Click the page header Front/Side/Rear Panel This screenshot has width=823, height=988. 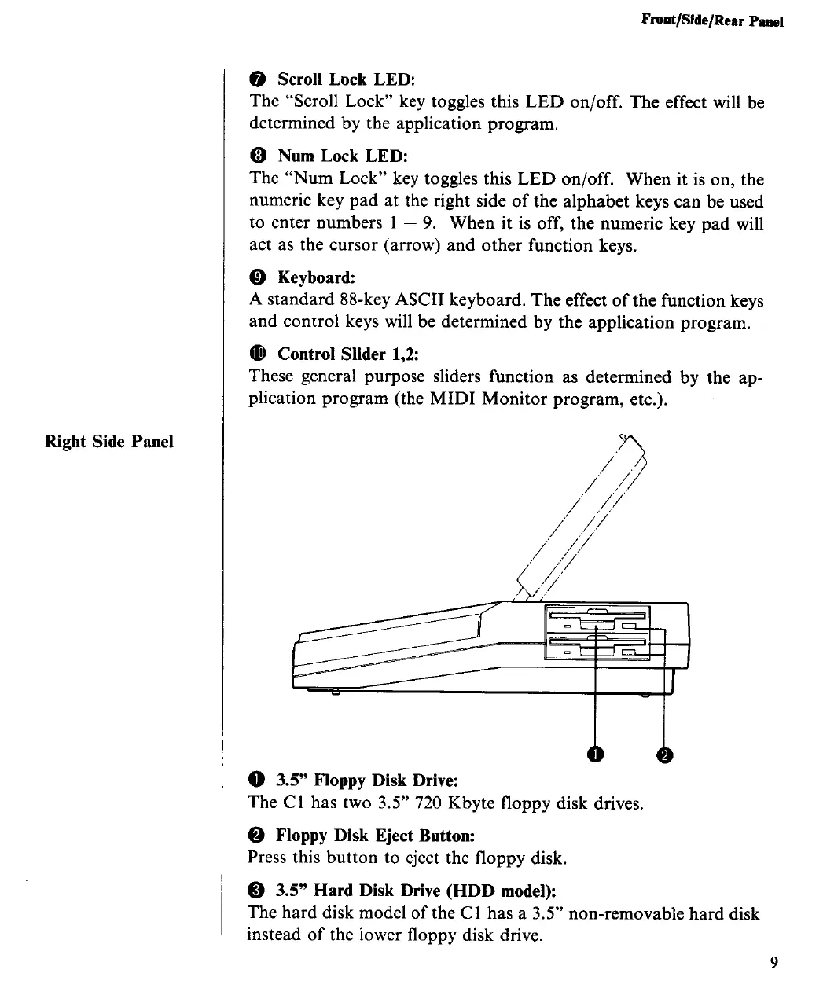point(712,22)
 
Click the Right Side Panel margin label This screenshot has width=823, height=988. point(109,440)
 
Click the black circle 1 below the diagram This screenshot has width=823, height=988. point(597,755)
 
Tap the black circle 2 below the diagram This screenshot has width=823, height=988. point(665,755)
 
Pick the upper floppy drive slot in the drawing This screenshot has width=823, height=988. point(597,615)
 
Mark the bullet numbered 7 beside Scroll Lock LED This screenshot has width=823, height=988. point(259,79)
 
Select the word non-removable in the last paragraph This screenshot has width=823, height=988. point(625,913)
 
